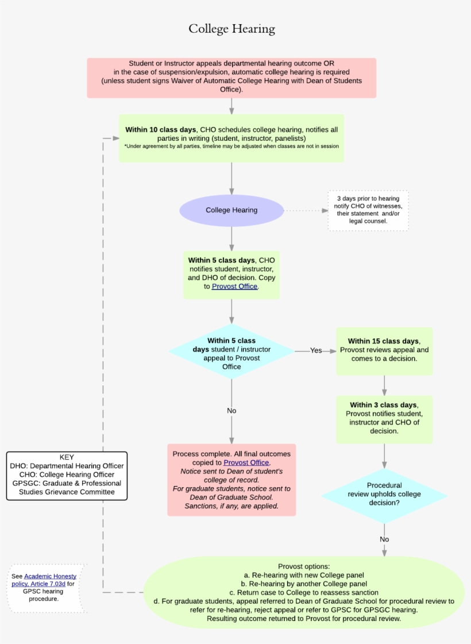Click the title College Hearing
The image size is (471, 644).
(x=232, y=29)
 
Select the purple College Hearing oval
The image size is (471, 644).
(x=231, y=210)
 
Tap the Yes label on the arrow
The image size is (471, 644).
(x=316, y=350)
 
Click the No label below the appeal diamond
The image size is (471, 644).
(x=231, y=411)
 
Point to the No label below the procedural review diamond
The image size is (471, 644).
(x=384, y=539)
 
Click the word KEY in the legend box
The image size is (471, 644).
(x=67, y=457)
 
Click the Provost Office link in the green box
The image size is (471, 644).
(x=234, y=286)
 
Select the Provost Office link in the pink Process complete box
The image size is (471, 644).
(x=246, y=462)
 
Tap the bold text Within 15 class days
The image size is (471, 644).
(x=383, y=341)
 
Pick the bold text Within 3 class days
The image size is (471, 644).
(x=383, y=405)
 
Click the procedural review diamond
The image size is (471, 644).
(x=384, y=494)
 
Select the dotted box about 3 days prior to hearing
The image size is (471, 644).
(x=368, y=210)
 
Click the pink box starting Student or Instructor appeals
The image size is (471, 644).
(x=231, y=77)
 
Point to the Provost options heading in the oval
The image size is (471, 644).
(x=304, y=566)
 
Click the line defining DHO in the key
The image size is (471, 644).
(x=67, y=466)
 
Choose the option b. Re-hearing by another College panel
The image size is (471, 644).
(x=304, y=584)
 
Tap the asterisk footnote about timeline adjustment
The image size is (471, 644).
(x=231, y=146)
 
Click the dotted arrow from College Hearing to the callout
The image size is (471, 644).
(x=304, y=211)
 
